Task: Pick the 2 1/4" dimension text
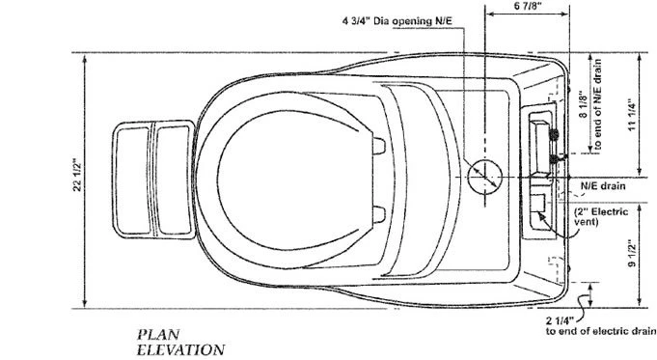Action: coord(561,320)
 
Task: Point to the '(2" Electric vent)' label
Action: coord(599,215)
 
